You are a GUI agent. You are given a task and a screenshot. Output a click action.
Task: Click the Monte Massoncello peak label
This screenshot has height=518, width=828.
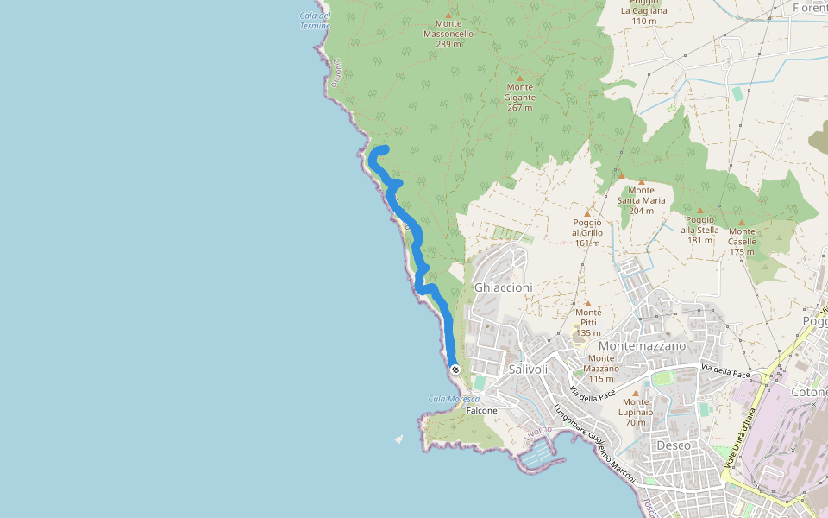click(x=448, y=35)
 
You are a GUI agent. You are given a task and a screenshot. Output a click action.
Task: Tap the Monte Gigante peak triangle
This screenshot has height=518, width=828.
click(x=519, y=78)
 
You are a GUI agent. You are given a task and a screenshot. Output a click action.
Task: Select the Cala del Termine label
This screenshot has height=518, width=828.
click(x=315, y=21)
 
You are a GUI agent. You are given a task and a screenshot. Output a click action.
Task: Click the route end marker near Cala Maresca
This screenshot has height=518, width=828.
click(x=455, y=370)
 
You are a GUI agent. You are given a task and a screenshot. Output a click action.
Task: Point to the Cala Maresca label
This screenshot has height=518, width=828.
click(x=454, y=399)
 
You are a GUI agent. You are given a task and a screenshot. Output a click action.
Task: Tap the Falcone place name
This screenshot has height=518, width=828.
click(x=481, y=411)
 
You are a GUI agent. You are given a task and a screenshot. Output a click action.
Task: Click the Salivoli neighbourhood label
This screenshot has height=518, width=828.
click(x=528, y=369)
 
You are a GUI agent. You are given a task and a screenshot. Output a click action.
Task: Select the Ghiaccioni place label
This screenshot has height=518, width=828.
click(x=503, y=287)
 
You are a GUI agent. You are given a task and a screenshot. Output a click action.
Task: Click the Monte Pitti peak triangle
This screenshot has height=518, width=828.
click(x=588, y=304)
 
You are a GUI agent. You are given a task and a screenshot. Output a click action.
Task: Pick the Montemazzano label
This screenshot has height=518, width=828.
click(x=642, y=345)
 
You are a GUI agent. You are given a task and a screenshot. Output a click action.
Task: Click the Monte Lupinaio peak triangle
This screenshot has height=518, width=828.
click(x=636, y=393)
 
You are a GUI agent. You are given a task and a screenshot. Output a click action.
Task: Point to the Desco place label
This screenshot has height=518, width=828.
click(x=674, y=445)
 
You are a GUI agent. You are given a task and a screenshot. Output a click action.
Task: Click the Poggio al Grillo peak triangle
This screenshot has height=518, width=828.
click(x=587, y=213)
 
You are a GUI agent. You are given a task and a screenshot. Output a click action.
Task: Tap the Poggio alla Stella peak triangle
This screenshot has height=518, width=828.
click(x=699, y=210)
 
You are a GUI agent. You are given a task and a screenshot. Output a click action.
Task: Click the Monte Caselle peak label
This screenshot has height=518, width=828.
click(x=741, y=236)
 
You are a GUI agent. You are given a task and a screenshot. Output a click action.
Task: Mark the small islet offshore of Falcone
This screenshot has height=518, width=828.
click(x=398, y=439)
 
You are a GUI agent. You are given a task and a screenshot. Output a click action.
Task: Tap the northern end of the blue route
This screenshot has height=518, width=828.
click(x=385, y=150)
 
